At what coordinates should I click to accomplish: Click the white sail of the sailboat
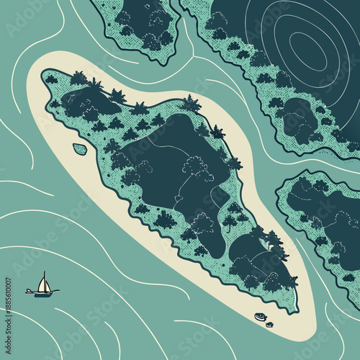[44, 284]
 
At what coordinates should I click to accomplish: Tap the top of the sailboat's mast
[44, 272]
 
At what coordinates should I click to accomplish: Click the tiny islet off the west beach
[80, 149]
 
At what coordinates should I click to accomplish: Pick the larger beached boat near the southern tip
[260, 317]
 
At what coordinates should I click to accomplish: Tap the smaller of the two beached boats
[269, 324]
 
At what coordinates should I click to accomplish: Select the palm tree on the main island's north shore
[191, 104]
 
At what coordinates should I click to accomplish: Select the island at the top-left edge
[148, 25]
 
